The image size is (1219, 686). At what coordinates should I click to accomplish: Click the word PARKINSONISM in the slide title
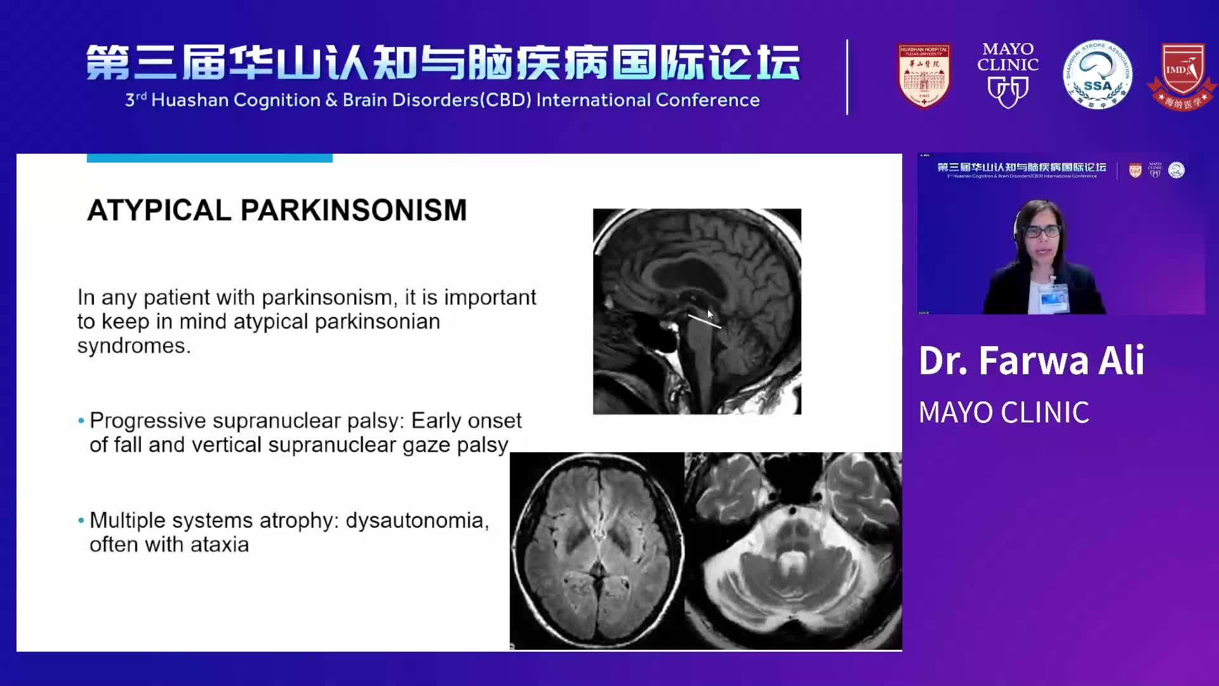click(x=353, y=211)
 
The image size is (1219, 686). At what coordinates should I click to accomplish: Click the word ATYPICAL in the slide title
click(x=159, y=211)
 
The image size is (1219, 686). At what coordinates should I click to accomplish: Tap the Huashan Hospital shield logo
click(x=924, y=76)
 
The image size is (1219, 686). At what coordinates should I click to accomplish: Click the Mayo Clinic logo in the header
click(x=1008, y=75)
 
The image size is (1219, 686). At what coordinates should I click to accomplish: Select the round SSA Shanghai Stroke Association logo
click(x=1097, y=75)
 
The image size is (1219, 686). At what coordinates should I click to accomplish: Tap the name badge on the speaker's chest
click(x=1053, y=297)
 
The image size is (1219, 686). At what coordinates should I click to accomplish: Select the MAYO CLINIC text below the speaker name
click(x=1004, y=413)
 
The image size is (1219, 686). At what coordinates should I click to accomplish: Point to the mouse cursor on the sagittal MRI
click(x=710, y=314)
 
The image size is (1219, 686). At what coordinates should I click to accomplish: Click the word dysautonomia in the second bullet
click(x=416, y=521)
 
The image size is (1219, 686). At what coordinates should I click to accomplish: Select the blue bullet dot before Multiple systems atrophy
click(x=81, y=521)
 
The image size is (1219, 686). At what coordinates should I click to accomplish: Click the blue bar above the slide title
click(x=210, y=158)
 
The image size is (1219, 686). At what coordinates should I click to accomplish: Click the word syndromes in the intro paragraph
click(x=133, y=346)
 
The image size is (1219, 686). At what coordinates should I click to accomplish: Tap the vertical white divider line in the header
click(x=847, y=77)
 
